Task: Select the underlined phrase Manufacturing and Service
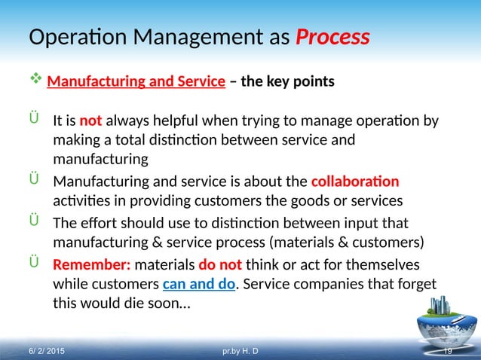(x=136, y=81)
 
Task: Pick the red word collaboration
(x=354, y=182)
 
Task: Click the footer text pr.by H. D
(x=241, y=352)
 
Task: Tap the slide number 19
(x=446, y=352)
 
